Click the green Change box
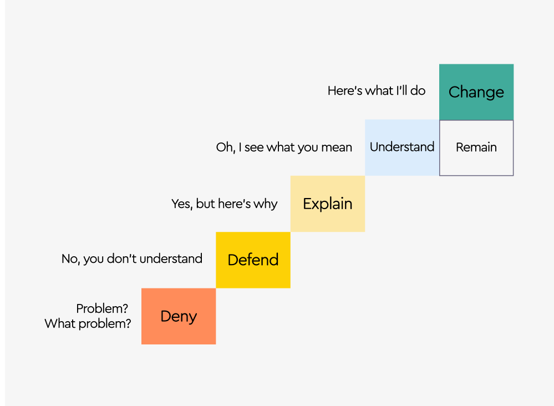pos(476,92)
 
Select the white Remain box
pos(476,148)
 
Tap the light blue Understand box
pos(402,147)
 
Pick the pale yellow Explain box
pos(327,204)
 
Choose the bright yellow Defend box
pos(253,260)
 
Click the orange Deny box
pos(179,316)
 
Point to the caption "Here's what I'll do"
pos(377,90)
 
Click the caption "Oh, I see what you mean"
pos(284,148)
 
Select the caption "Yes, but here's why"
pos(224,204)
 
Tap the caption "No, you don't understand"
pos(132,259)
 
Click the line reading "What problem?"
pos(88,323)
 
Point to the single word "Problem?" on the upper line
pos(102,309)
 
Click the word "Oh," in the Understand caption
pos(225,148)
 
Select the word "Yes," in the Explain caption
pos(182,204)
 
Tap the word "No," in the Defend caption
pos(70,259)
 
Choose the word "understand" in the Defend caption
pos(171,259)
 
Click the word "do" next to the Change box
pos(418,90)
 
